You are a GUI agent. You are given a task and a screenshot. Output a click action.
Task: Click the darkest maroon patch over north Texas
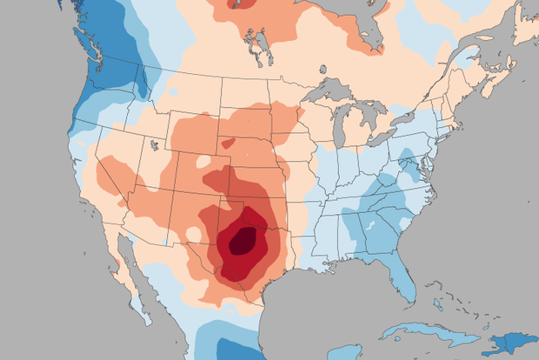[x=241, y=241]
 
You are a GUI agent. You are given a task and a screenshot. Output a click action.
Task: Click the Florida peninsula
[x=402, y=278]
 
